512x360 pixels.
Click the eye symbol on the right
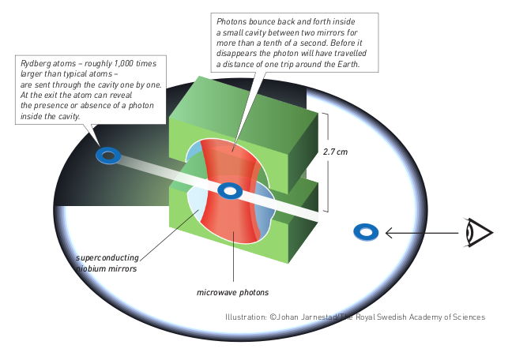(x=478, y=232)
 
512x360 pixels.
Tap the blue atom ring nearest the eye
(x=366, y=231)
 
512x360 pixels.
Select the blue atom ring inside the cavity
(x=230, y=190)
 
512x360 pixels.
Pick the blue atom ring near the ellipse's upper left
(x=107, y=156)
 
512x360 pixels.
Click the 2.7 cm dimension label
(x=337, y=151)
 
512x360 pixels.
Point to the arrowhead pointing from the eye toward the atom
(x=390, y=232)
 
